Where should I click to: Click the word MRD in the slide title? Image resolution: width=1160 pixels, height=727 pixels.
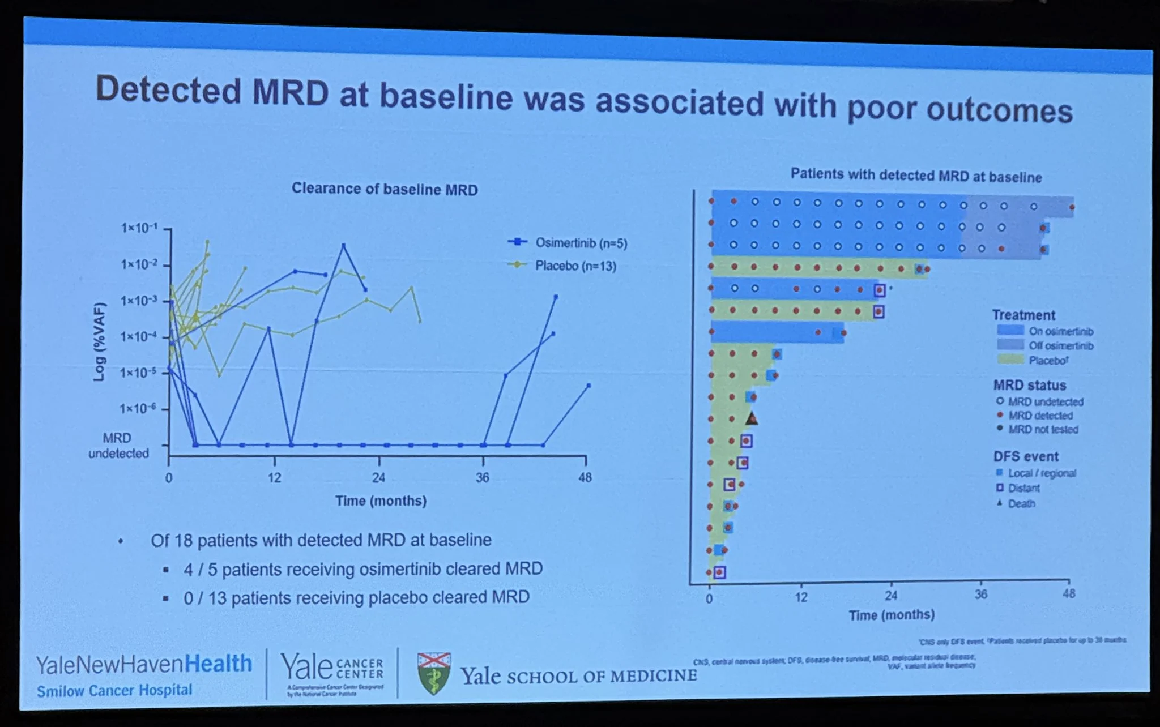point(290,92)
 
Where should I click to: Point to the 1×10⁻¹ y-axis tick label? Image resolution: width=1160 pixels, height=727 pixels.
point(139,228)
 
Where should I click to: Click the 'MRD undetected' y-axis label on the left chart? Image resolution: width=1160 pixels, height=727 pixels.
point(118,446)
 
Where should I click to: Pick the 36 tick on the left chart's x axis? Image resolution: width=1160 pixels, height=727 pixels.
point(482,477)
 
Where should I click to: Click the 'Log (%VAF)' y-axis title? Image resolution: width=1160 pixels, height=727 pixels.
point(100,341)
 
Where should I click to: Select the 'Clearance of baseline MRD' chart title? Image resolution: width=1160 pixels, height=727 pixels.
point(385,189)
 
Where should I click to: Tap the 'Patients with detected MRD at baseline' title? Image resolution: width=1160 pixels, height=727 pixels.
point(916,176)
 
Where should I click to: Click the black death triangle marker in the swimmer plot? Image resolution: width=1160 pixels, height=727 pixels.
point(752,418)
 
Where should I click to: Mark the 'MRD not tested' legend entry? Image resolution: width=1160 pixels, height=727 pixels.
point(1043,429)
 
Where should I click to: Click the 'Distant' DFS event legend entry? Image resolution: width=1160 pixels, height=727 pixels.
point(1023,488)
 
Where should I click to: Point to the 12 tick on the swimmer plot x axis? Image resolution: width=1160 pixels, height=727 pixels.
point(800,597)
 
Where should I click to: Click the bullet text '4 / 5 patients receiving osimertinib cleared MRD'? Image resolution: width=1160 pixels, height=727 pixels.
point(362,569)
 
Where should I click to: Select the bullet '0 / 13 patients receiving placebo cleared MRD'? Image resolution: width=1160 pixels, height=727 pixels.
point(356,598)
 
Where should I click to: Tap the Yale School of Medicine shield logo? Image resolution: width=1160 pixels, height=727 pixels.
point(434,673)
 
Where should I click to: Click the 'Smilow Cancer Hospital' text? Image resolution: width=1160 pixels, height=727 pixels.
point(114,691)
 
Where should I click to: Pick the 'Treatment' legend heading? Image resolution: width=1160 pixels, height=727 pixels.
point(1023,315)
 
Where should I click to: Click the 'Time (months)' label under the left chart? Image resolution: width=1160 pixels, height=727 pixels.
point(381,501)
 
